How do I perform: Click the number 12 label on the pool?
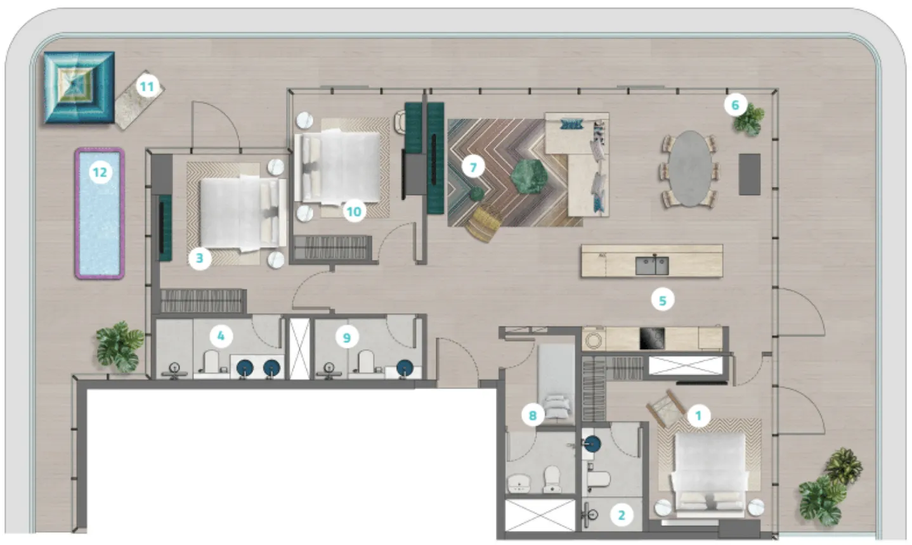point(100,172)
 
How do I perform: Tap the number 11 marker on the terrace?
point(147,86)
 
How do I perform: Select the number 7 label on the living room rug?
point(472,167)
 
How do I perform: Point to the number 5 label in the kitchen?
point(663,300)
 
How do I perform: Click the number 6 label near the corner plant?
point(735,105)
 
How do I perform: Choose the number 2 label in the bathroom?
point(622,515)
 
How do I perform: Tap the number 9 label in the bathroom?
point(346,337)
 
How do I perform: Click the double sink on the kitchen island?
point(651,265)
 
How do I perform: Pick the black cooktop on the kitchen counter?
point(652,338)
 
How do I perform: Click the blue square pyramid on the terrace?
point(79,87)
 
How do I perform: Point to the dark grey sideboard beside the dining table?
point(750,174)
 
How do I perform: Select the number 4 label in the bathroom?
point(221,335)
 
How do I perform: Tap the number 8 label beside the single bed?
point(533,415)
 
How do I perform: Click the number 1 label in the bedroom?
point(698,416)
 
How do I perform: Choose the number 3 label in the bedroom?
point(200,258)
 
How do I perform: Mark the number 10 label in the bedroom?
point(353,211)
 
